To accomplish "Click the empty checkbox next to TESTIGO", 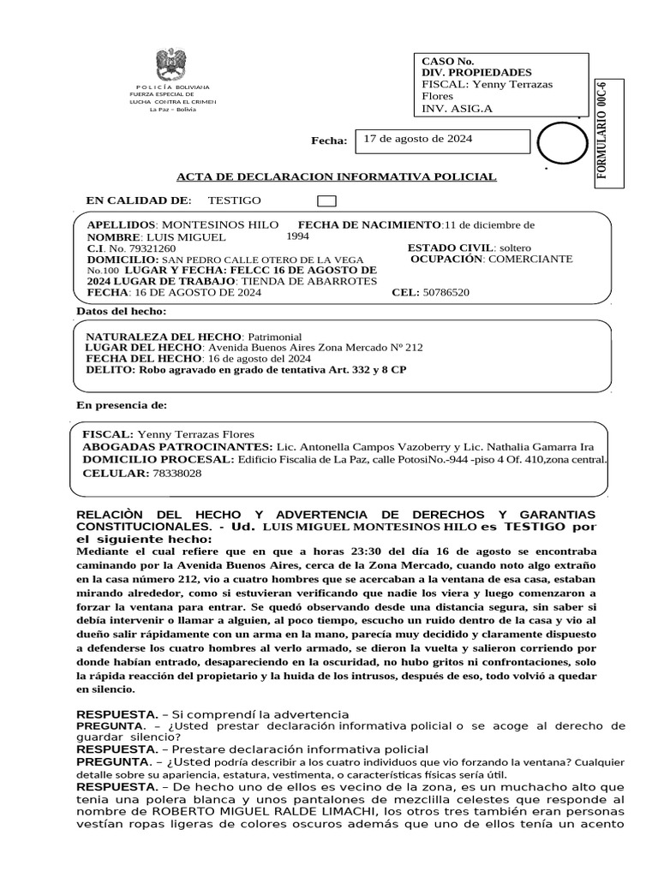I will [326, 201].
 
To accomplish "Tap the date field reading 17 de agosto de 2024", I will [418, 139].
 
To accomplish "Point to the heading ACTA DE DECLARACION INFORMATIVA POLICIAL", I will [336, 176].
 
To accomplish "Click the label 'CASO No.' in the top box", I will [448, 62].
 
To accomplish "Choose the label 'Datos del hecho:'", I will [122, 311].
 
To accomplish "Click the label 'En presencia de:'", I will [122, 404].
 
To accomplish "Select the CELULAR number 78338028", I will [176, 473].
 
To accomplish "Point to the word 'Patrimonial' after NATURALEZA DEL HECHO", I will [274, 337].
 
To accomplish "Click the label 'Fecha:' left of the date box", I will [329, 141].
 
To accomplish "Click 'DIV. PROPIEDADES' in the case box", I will [476, 73].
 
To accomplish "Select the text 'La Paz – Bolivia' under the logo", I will [172, 110].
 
